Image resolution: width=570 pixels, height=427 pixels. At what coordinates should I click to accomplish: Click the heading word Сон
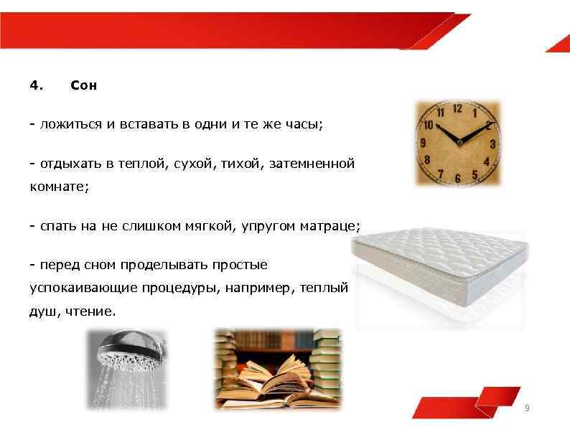[x=84, y=86]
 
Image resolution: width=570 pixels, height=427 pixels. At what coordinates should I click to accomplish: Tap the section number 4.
[x=36, y=86]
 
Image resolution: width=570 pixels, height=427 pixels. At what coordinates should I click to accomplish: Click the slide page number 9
[x=528, y=408]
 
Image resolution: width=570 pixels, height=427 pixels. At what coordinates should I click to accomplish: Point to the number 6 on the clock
[x=458, y=178]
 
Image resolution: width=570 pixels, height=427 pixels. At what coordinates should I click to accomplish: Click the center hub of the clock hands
[x=458, y=142]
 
